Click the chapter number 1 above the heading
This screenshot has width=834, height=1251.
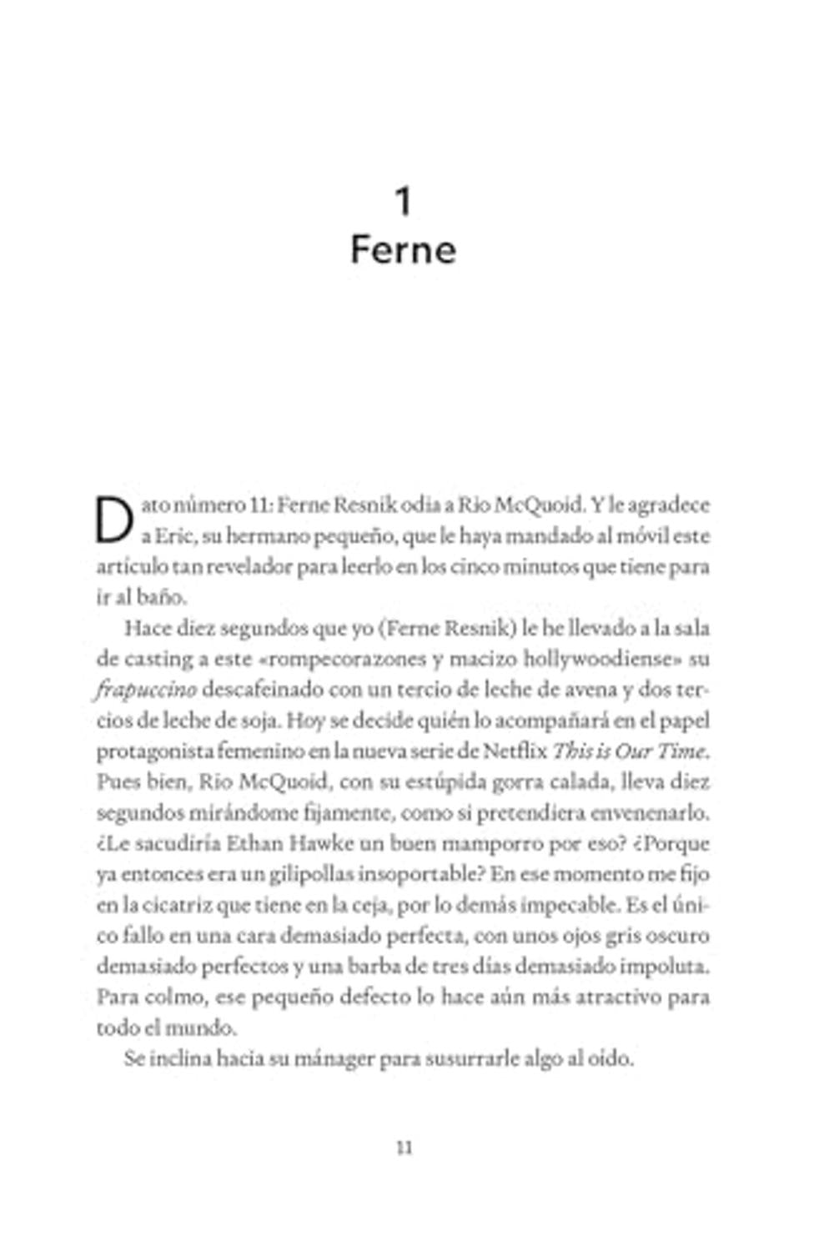[404, 202]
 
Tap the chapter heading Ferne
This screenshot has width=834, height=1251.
[404, 250]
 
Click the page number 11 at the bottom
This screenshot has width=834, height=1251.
[404, 1148]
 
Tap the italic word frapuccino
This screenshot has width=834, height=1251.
[146, 691]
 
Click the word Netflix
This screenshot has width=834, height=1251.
[515, 751]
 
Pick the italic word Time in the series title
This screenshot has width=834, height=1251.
[681, 751]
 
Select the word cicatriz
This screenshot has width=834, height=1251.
[185, 906]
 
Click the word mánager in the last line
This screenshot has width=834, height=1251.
[334, 1059]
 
